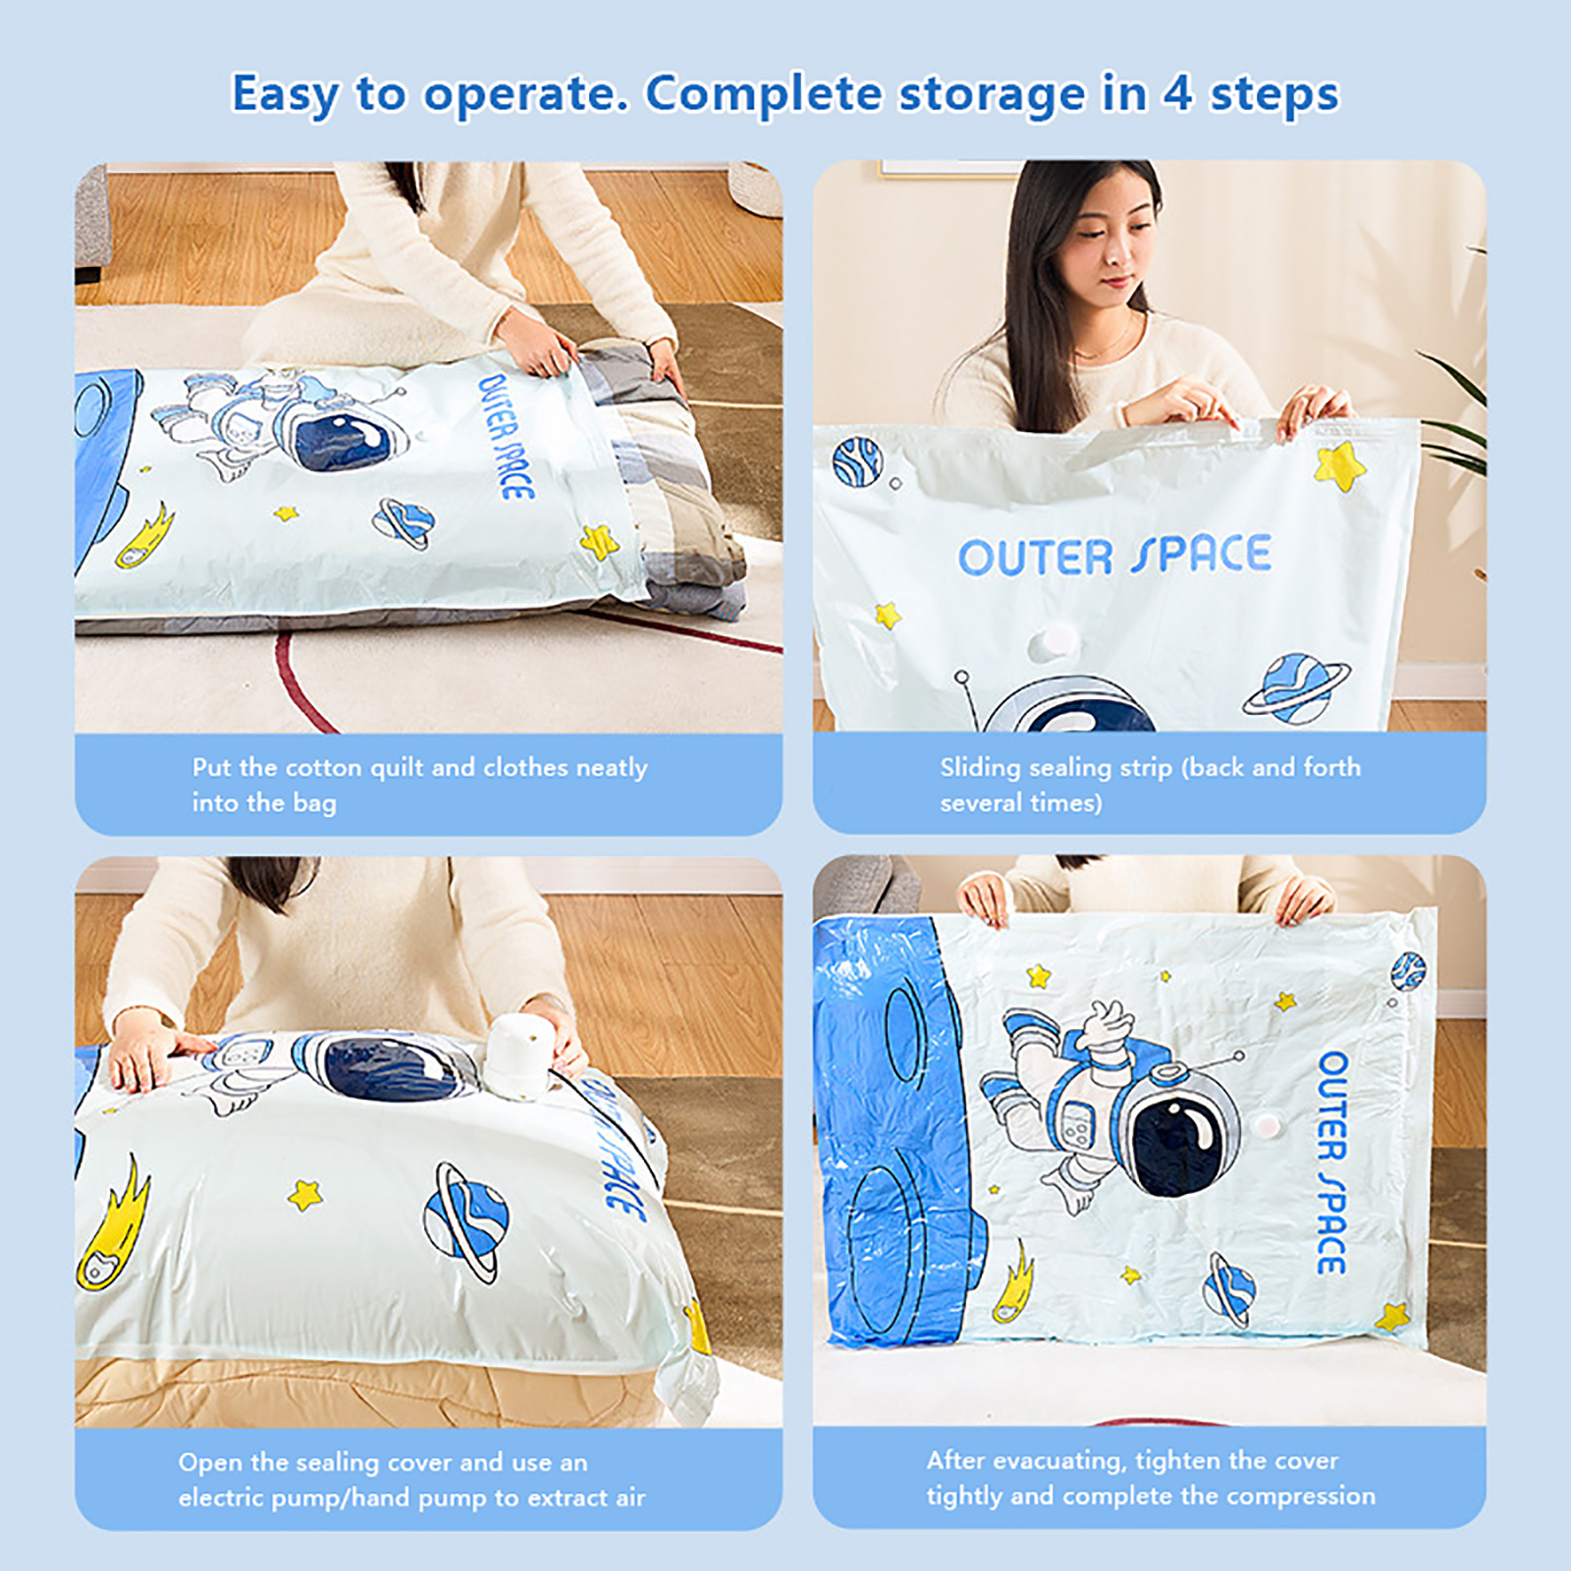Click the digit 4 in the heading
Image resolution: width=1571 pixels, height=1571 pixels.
1177,94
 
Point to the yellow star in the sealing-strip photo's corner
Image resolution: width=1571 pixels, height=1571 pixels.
1340,464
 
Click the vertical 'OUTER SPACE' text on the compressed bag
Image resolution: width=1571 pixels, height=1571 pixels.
1331,1164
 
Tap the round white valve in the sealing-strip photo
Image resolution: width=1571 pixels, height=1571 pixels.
1055,643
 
